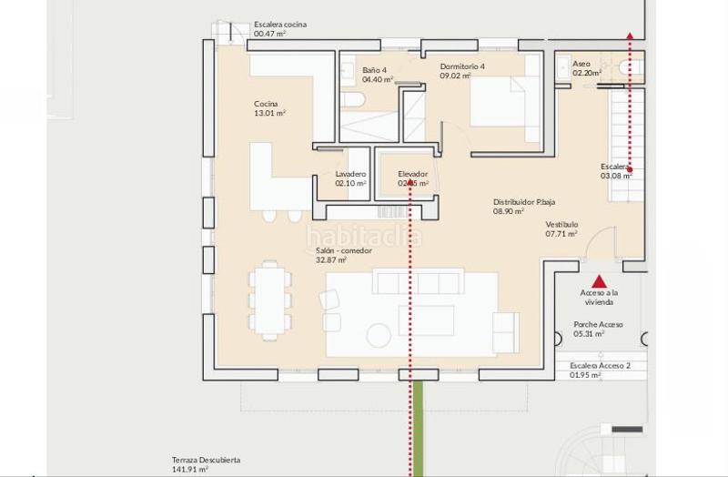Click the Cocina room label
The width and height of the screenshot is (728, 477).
pyautogui.click(x=266, y=104)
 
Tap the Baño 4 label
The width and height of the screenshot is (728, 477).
pyautogui.click(x=374, y=70)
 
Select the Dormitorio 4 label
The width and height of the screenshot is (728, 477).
pyautogui.click(x=462, y=66)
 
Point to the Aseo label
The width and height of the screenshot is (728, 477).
pyautogui.click(x=581, y=64)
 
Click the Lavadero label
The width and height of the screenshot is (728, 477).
pyautogui.click(x=350, y=174)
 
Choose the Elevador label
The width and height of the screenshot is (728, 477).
pyautogui.click(x=412, y=174)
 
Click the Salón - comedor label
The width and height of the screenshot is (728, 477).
pyautogui.click(x=343, y=250)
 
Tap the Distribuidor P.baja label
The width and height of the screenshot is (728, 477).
pyautogui.click(x=524, y=202)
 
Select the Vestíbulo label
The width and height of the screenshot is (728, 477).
pyautogui.click(x=561, y=224)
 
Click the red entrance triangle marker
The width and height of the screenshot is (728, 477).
pyautogui.click(x=599, y=281)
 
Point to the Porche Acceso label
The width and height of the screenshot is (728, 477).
pyautogui.click(x=598, y=324)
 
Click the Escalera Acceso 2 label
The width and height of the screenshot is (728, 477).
pyautogui.click(x=600, y=365)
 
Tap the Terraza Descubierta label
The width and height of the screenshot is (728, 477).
pyautogui.click(x=206, y=461)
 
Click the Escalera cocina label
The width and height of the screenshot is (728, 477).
pyautogui.click(x=279, y=25)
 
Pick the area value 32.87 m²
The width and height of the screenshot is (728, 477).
pyautogui.click(x=330, y=260)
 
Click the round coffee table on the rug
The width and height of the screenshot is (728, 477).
pyautogui.click(x=379, y=336)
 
